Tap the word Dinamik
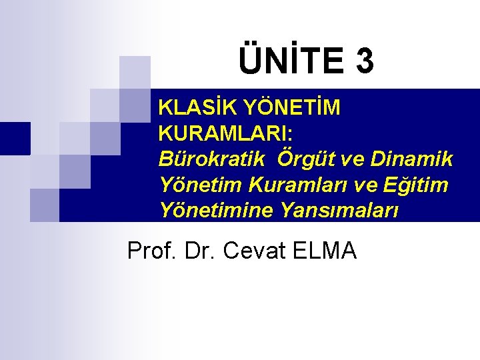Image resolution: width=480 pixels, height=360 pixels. [x=411, y=159]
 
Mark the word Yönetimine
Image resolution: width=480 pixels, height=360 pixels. [x=216, y=211]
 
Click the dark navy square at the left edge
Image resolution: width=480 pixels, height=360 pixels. [x=15, y=138]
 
